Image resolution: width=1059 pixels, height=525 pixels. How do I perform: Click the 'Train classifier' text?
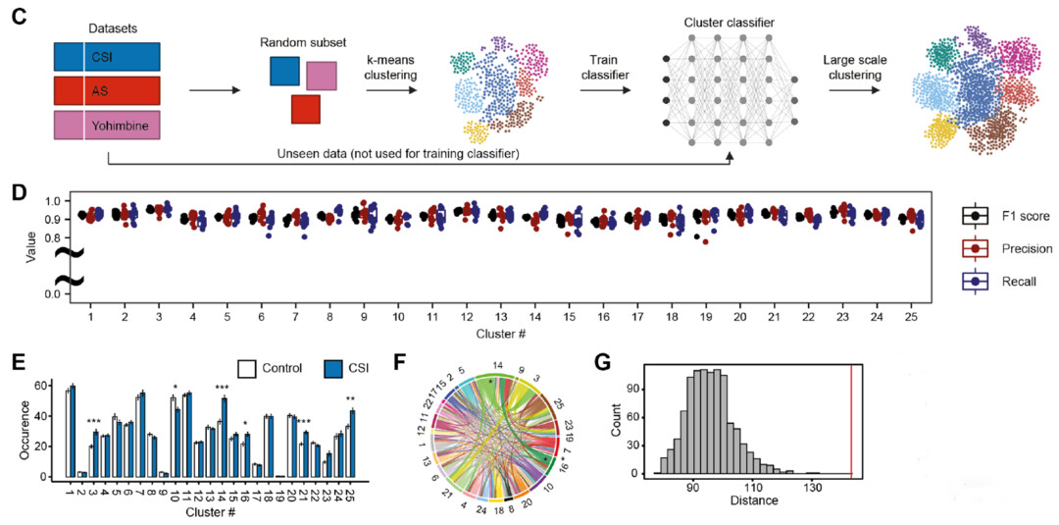pos(605,67)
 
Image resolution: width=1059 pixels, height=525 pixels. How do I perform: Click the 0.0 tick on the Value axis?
pos(49,293)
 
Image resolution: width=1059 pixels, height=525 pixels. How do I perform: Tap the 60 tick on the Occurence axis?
pos(43,385)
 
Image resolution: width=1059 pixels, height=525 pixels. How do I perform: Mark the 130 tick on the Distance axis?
pos(812,489)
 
